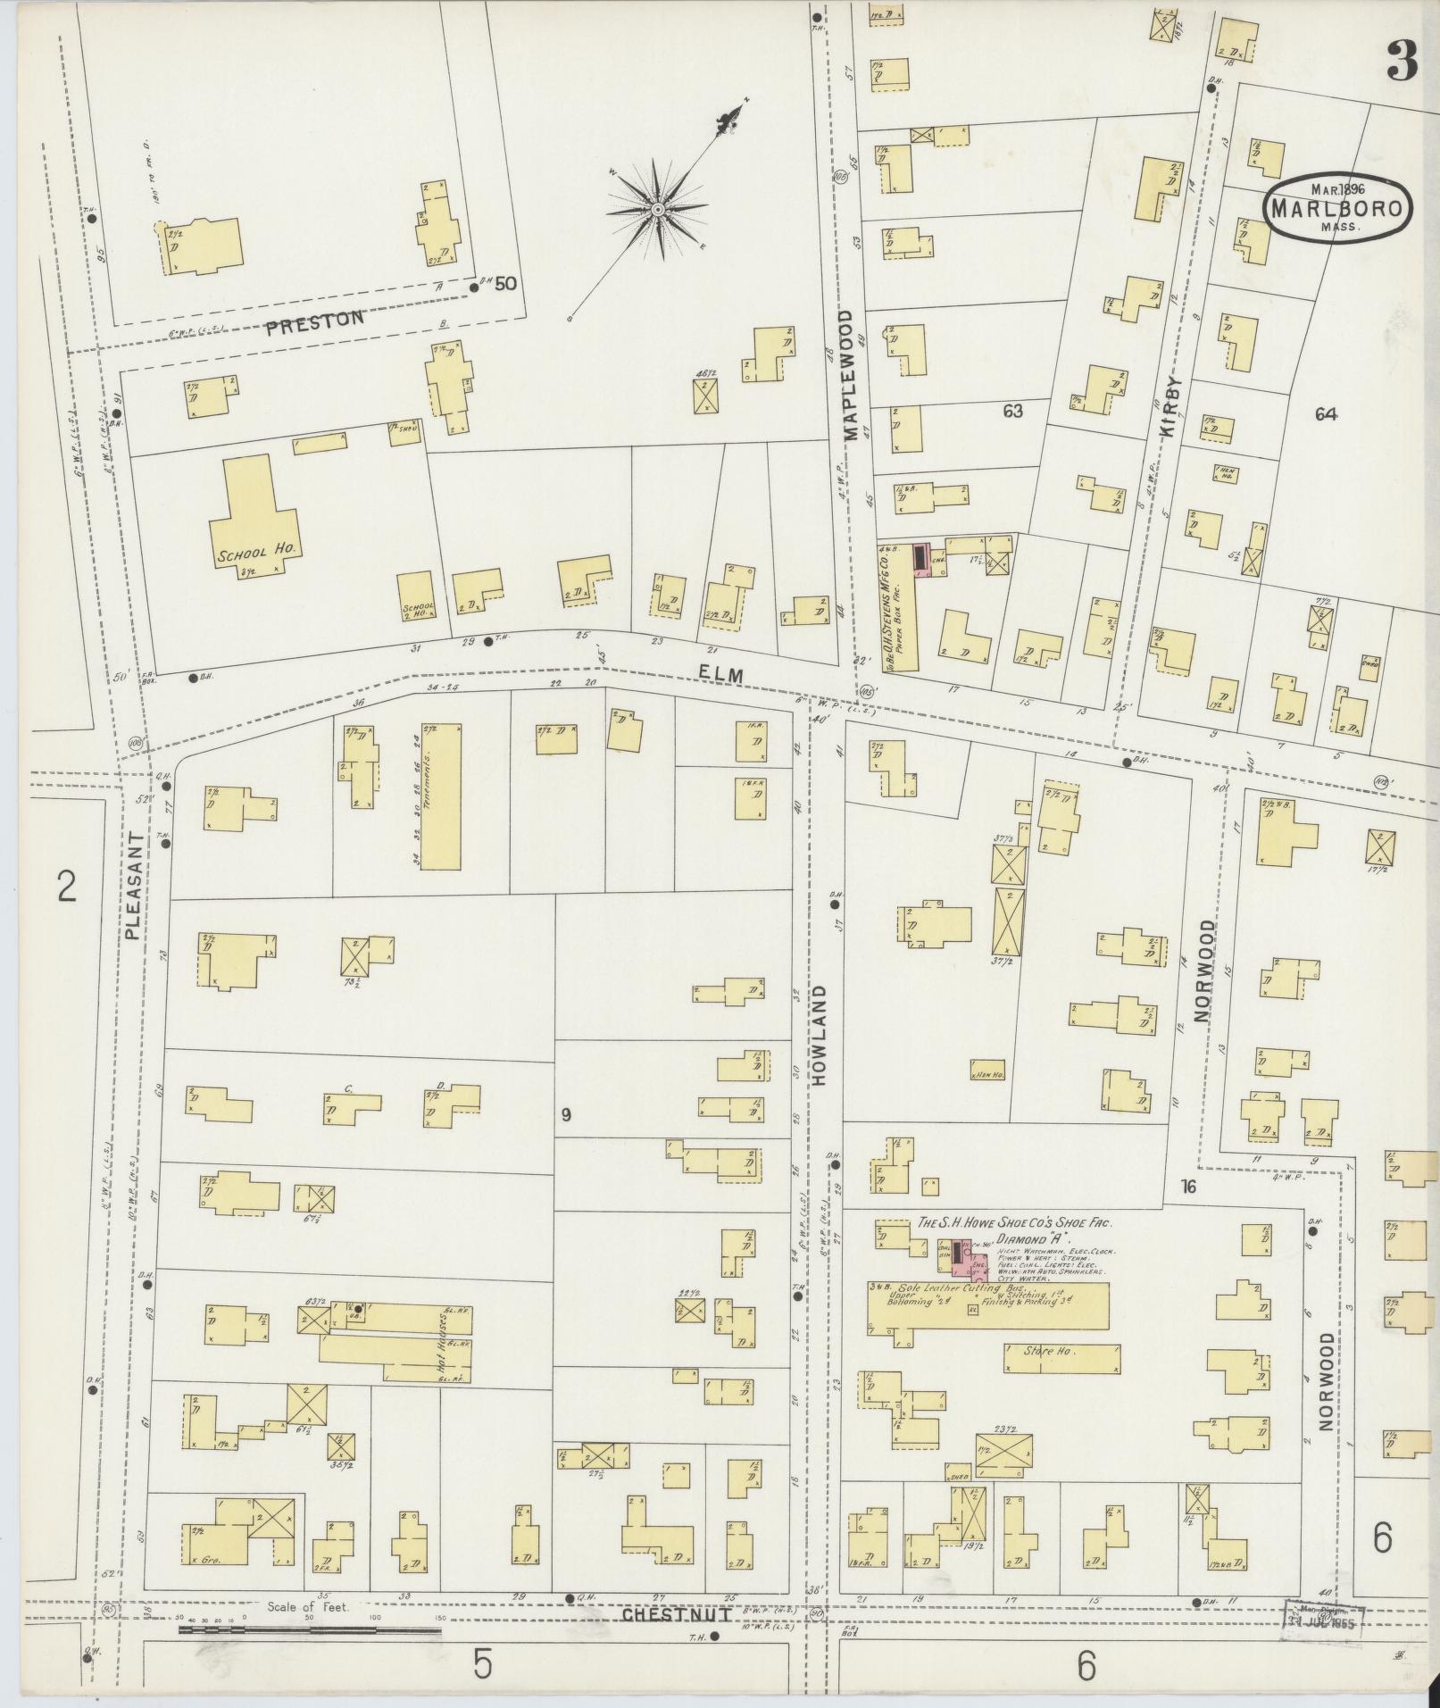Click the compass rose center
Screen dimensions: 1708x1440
[x=657, y=210]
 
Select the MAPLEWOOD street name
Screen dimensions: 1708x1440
[x=845, y=376]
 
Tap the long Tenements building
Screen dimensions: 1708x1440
[x=441, y=796]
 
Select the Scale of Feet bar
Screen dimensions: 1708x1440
[x=310, y=1629]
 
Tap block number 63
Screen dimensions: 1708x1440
[x=1011, y=412]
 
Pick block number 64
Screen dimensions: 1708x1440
[x=1325, y=413]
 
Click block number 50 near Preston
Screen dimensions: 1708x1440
[x=506, y=284]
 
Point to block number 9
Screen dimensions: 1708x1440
[x=565, y=1113]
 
